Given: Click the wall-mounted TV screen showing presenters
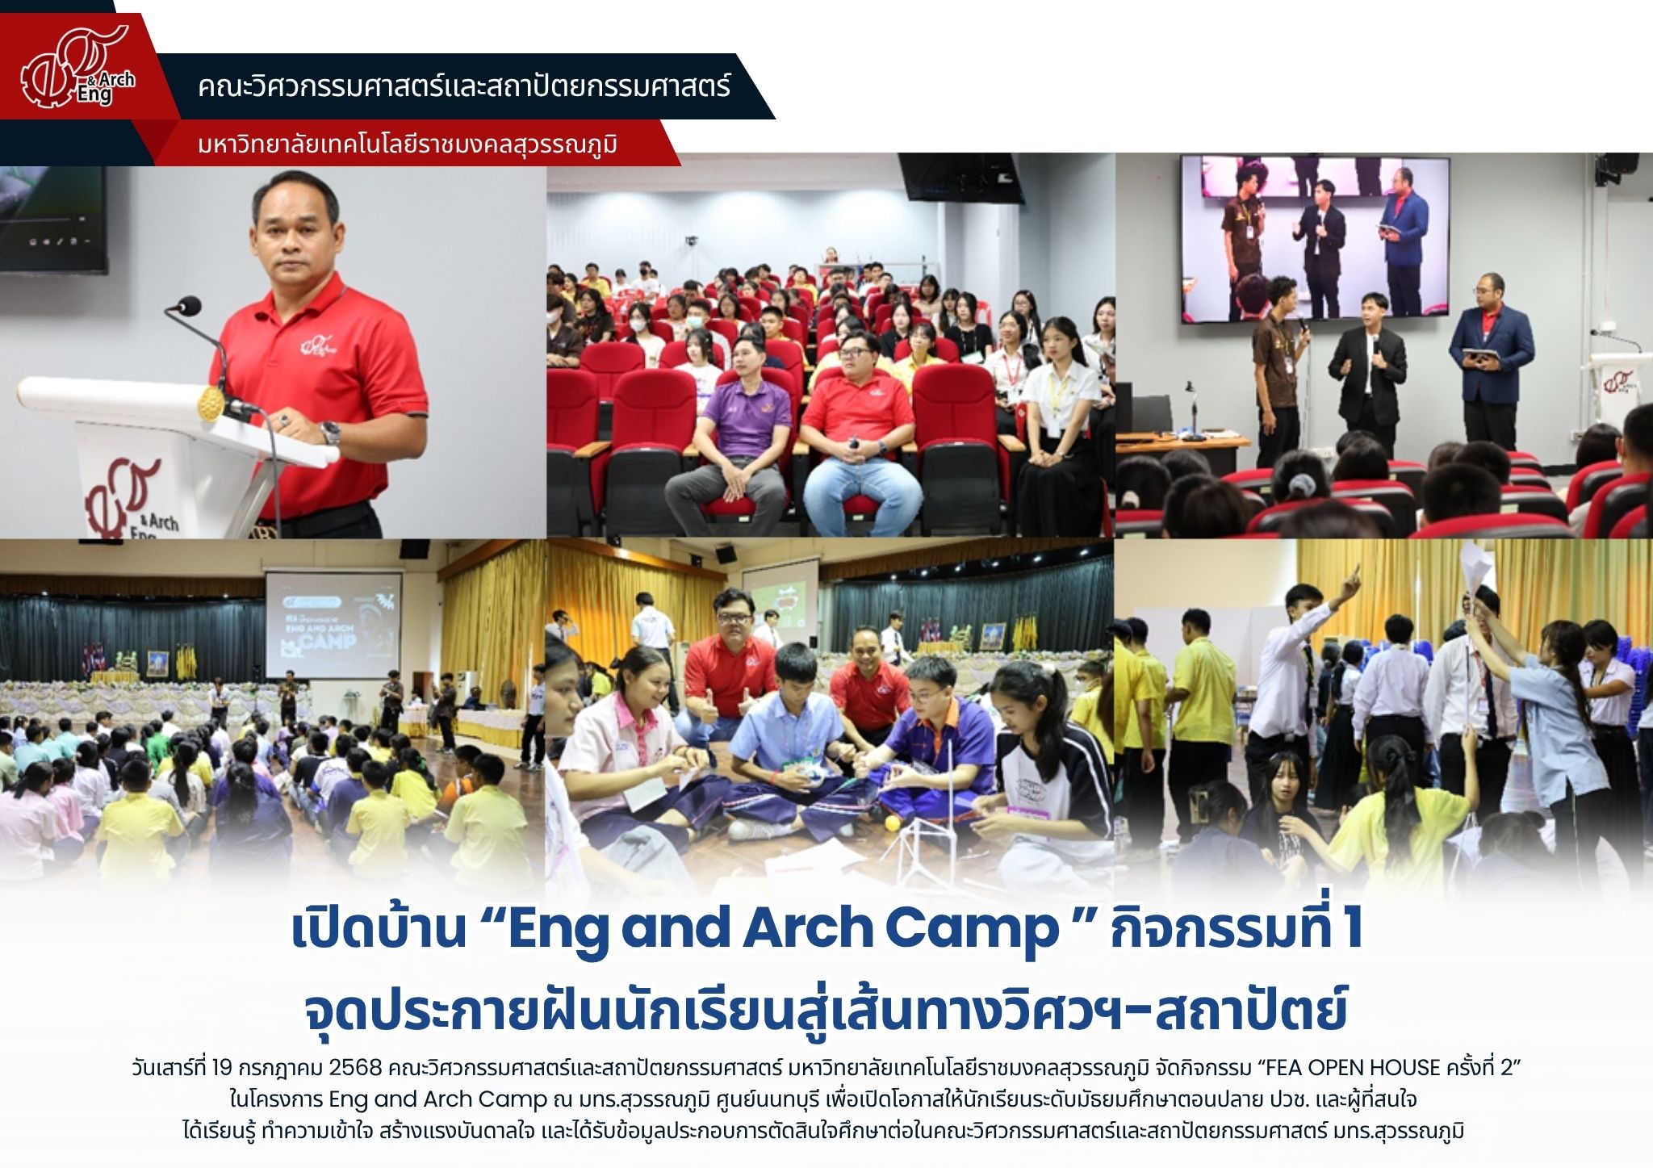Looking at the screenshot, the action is [1315, 239].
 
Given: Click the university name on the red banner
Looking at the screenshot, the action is [408, 146].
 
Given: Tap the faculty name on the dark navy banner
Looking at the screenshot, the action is [464, 86].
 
